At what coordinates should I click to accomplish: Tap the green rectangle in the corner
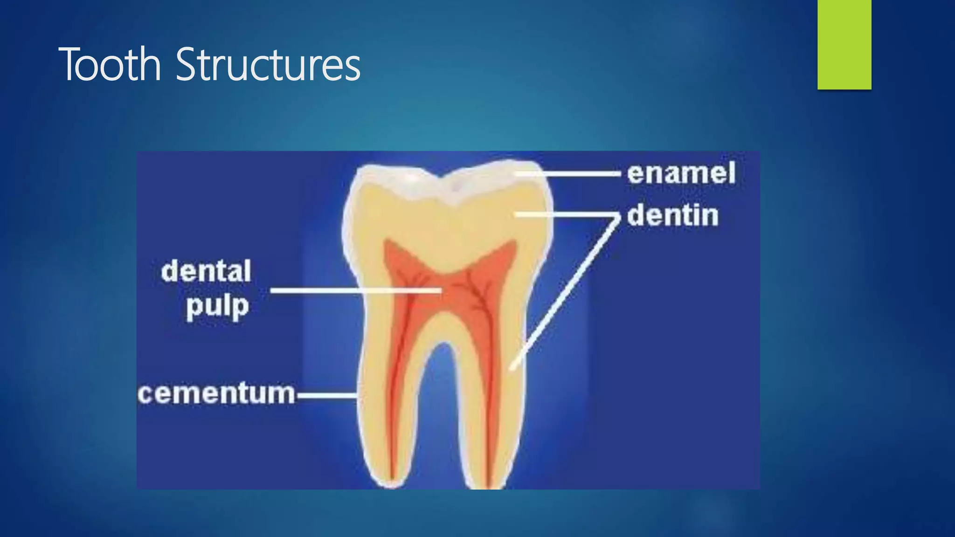[844, 44]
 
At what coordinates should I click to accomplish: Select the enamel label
[681, 173]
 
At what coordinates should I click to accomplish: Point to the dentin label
[672, 215]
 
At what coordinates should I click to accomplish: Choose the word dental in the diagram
[206, 271]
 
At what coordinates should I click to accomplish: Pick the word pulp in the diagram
[217, 307]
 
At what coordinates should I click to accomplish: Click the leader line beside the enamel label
[568, 173]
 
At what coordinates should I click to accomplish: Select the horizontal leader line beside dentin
[567, 215]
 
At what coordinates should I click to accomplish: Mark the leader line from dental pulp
[354, 290]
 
